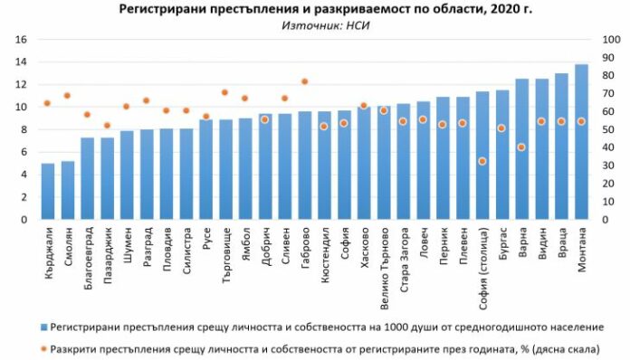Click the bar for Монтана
pyautogui.click(x=581, y=142)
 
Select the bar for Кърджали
pyautogui.click(x=48, y=191)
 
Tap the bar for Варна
pyautogui.click(x=522, y=149)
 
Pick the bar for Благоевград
pyautogui.click(x=87, y=178)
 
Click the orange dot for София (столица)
pyautogui.click(x=482, y=161)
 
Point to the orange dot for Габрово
pyautogui.click(x=304, y=81)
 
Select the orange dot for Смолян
pyautogui.click(x=67, y=95)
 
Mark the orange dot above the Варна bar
pyautogui.click(x=522, y=147)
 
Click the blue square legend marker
pyautogui.click(x=44, y=326)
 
